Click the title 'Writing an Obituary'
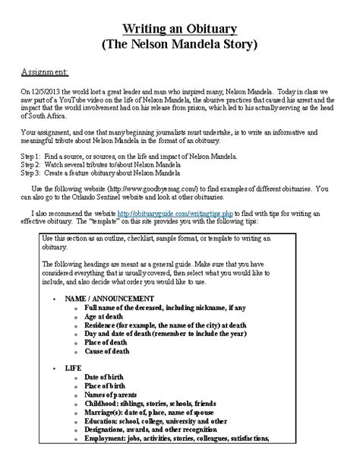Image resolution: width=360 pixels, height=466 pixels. tap(180, 28)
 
